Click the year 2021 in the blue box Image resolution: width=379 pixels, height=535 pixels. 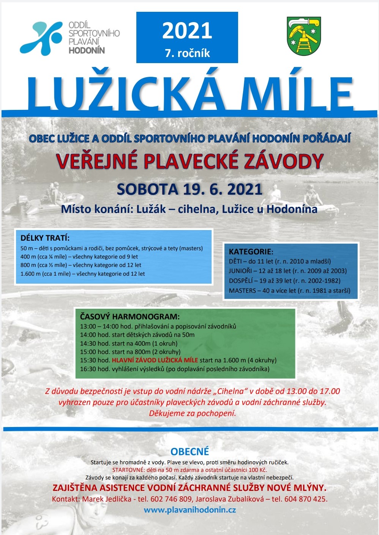pos(187,31)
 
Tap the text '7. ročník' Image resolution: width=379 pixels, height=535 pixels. pos(187,53)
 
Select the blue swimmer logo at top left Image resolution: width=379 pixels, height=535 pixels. pos(41,38)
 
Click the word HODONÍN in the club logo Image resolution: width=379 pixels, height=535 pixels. pos(87,50)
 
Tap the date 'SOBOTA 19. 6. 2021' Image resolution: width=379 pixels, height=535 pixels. pos(189,189)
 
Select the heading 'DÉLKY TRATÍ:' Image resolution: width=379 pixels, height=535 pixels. pos(45,238)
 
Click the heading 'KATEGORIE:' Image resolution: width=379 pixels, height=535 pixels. pos(251,251)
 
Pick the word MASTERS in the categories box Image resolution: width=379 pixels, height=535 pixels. pos(242,291)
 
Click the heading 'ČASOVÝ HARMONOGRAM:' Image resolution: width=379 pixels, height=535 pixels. pos(129,316)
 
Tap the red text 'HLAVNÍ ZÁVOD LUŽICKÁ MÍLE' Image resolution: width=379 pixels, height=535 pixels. pos(155,360)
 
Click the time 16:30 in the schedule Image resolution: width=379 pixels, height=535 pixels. pos(88,369)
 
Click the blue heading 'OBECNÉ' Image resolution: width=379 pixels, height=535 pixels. pos(189,452)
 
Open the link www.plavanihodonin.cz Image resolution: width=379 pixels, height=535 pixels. pos(189,510)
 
